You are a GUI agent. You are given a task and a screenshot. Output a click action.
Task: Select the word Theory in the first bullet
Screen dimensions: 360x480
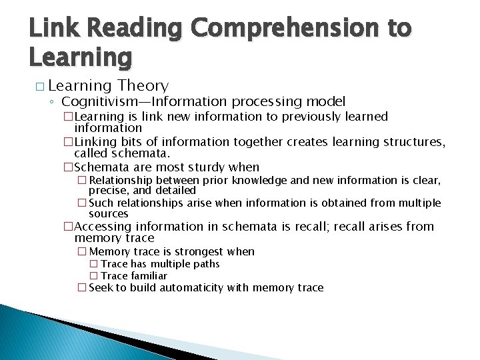click(x=143, y=85)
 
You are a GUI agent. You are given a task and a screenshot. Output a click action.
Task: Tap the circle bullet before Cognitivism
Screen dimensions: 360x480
click(x=52, y=102)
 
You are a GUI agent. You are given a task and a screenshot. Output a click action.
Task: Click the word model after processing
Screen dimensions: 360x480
click(x=327, y=101)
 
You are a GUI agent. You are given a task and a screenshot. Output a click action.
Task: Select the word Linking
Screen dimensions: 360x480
click(x=94, y=141)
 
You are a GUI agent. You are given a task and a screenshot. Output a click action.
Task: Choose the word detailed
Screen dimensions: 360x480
click(x=174, y=190)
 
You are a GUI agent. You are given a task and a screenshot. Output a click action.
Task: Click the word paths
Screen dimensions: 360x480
click(x=205, y=263)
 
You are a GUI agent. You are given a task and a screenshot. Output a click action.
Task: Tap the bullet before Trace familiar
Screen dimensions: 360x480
click(x=93, y=276)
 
